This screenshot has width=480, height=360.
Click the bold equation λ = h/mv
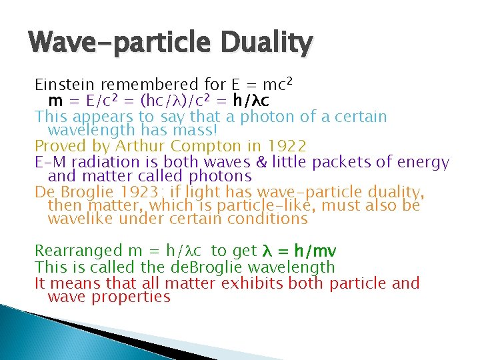tap(299, 251)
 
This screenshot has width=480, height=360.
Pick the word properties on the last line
tap(137, 297)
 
